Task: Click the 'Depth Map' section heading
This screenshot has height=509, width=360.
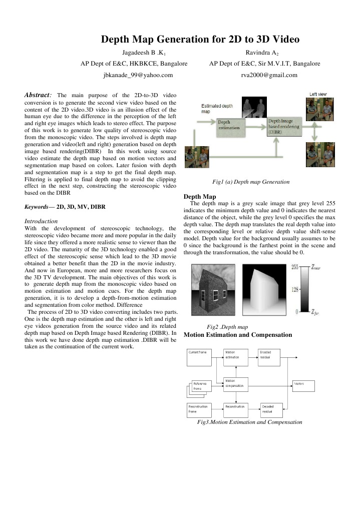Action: pyautogui.click(x=200, y=196)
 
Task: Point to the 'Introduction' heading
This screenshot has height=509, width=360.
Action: pyautogui.click(x=41, y=221)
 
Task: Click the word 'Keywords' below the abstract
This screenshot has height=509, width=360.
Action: pyautogui.click(x=36, y=206)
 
